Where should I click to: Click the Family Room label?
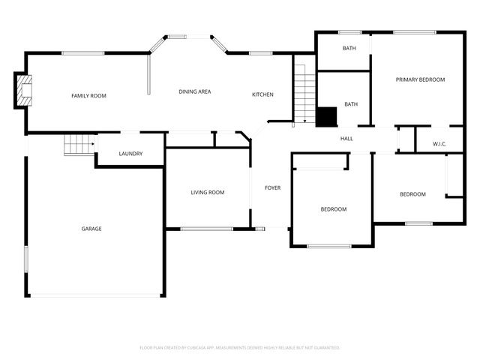88,96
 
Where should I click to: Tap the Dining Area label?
194,91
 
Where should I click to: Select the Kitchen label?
262,94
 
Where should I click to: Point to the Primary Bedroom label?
421,79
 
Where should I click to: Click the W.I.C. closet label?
439,144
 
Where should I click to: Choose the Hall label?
346,139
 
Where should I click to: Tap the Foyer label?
272,187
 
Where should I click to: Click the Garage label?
91,229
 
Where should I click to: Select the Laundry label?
130,154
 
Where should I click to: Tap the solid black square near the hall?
325,117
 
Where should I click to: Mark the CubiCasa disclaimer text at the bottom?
240,348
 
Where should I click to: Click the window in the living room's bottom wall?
206,228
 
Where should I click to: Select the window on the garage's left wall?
26,259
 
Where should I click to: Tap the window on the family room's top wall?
82,52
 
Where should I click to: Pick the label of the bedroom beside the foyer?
334,209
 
